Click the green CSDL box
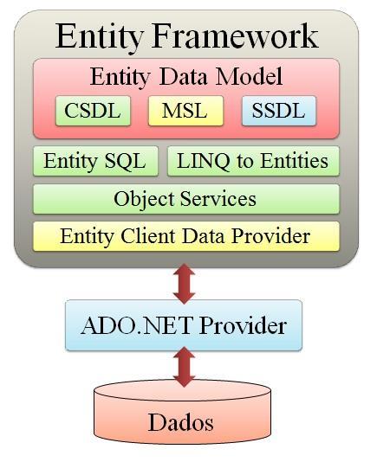click(93, 111)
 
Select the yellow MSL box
click(185, 111)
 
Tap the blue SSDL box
click(279, 111)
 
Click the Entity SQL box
click(95, 161)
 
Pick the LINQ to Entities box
click(254, 161)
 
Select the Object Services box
click(186, 199)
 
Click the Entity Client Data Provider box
click(186, 236)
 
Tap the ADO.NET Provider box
click(184, 325)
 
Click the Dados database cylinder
click(183, 412)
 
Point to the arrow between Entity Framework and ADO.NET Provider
click(185, 284)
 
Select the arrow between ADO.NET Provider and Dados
click(185, 367)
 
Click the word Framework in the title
click(235, 36)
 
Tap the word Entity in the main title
click(100, 38)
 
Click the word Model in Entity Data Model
click(250, 76)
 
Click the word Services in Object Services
click(218, 199)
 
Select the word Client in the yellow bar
click(148, 236)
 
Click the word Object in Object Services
click(145, 200)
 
